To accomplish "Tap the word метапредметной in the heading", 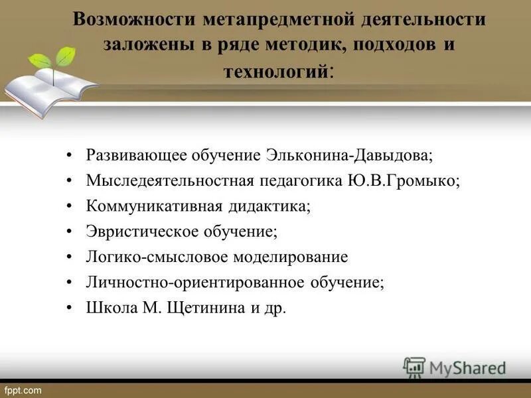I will tap(268, 19).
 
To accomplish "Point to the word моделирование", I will tap(292, 257).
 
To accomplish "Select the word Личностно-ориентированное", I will tap(196, 282).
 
